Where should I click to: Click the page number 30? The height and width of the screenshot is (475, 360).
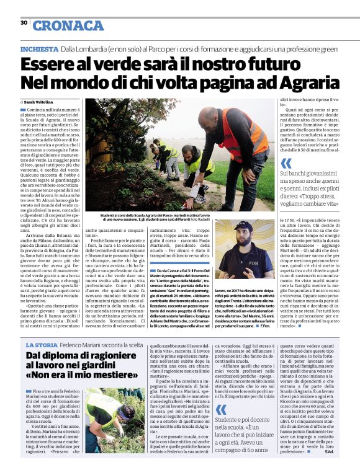click(x=24, y=23)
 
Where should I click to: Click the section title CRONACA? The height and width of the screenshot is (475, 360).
click(x=68, y=25)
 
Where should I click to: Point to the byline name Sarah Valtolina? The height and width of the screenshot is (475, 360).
click(x=42, y=102)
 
